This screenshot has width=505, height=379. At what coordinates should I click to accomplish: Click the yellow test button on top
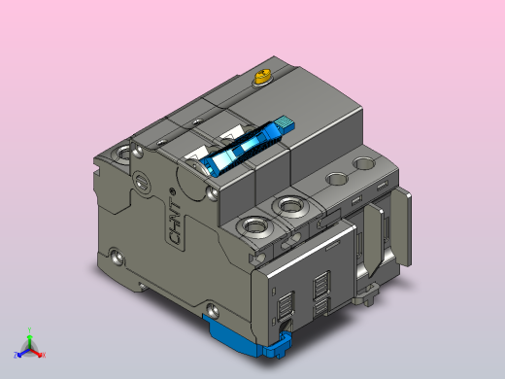[261, 77]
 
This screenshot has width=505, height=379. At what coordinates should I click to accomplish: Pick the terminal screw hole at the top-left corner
[123, 153]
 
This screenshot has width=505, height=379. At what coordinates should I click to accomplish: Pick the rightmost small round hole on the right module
[366, 165]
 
